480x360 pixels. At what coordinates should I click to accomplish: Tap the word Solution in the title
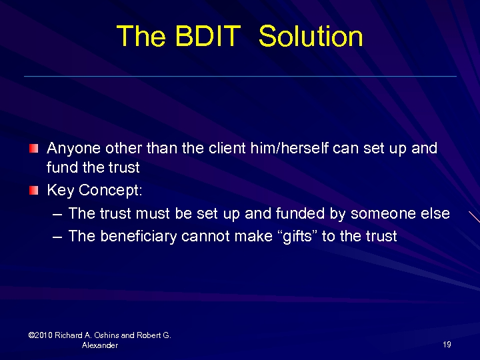click(311, 36)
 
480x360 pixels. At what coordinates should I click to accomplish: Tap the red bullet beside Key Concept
click(33, 191)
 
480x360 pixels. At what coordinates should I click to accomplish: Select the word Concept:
click(111, 191)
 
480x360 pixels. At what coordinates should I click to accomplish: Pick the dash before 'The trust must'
click(57, 214)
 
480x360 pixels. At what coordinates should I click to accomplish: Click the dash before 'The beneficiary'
click(57, 236)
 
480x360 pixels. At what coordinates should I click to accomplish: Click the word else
click(435, 213)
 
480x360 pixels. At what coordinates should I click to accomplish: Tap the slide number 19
click(447, 345)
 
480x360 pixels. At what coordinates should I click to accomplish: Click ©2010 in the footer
click(41, 335)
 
